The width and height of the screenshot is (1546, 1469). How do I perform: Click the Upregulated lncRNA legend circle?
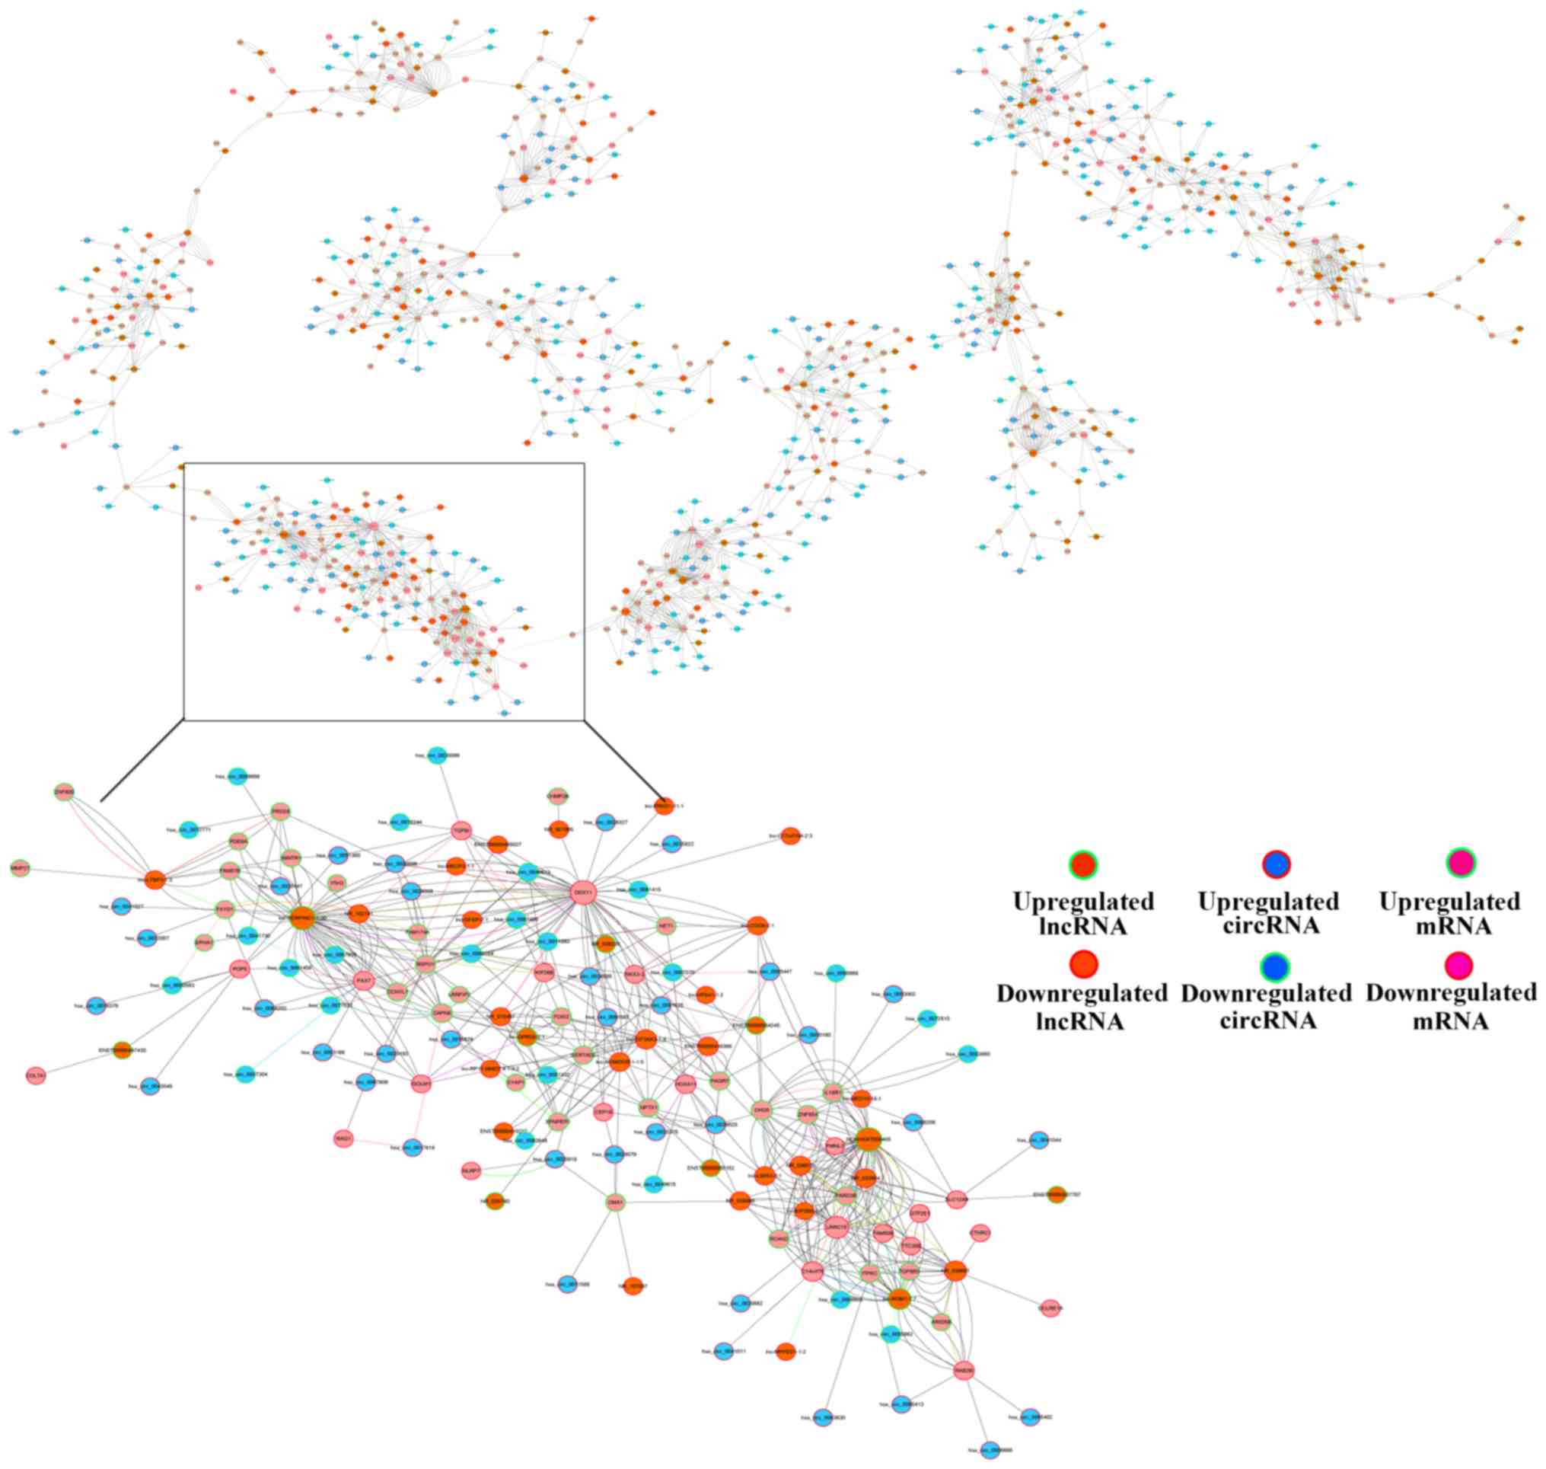tap(1082, 864)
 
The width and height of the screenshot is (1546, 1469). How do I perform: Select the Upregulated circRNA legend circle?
tap(1276, 864)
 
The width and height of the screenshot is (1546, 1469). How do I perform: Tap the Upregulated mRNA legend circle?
tap(1460, 863)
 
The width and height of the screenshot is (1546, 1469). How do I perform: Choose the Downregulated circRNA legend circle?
tap(1276, 967)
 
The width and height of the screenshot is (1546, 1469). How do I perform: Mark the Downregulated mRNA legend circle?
tap(1460, 966)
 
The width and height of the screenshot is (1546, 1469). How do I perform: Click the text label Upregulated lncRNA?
tap(1082, 913)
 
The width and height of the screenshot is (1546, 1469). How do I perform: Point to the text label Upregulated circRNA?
tap(1268, 913)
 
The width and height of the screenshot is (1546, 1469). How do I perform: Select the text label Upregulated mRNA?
tap(1450, 913)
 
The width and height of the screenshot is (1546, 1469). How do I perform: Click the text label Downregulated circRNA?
tap(1266, 1007)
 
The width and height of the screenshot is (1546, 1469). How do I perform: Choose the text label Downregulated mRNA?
tap(1452, 1007)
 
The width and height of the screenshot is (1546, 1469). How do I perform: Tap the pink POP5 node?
tap(240, 969)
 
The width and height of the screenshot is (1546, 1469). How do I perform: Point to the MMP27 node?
tap(20, 868)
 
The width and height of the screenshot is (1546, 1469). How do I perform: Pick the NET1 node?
tap(666, 925)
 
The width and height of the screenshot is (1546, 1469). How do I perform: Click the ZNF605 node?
tap(64, 792)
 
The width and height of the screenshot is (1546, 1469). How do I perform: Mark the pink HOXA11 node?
tap(686, 1084)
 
